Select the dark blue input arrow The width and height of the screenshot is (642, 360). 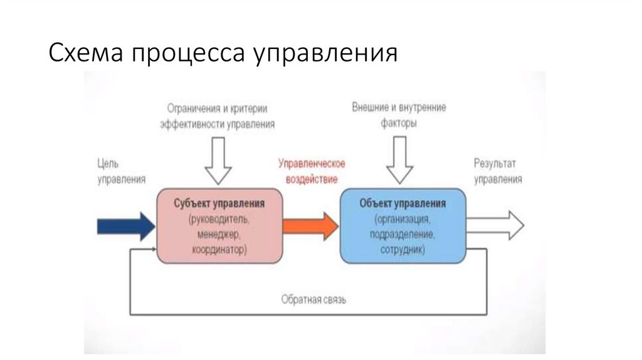click(125, 226)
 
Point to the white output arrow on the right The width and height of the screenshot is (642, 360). click(495, 225)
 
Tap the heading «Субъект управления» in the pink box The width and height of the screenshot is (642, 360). click(219, 204)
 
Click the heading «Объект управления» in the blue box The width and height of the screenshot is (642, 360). click(403, 204)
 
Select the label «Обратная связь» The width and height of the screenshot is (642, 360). click(313, 299)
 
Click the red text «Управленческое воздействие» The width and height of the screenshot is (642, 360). click(312, 171)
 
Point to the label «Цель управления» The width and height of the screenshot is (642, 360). click(121, 171)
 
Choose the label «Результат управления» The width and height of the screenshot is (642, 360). click(497, 171)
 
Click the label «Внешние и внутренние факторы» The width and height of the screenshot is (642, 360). click(399, 115)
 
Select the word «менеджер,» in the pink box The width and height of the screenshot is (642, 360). click(219, 235)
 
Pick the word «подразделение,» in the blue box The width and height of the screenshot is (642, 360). click(403, 235)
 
